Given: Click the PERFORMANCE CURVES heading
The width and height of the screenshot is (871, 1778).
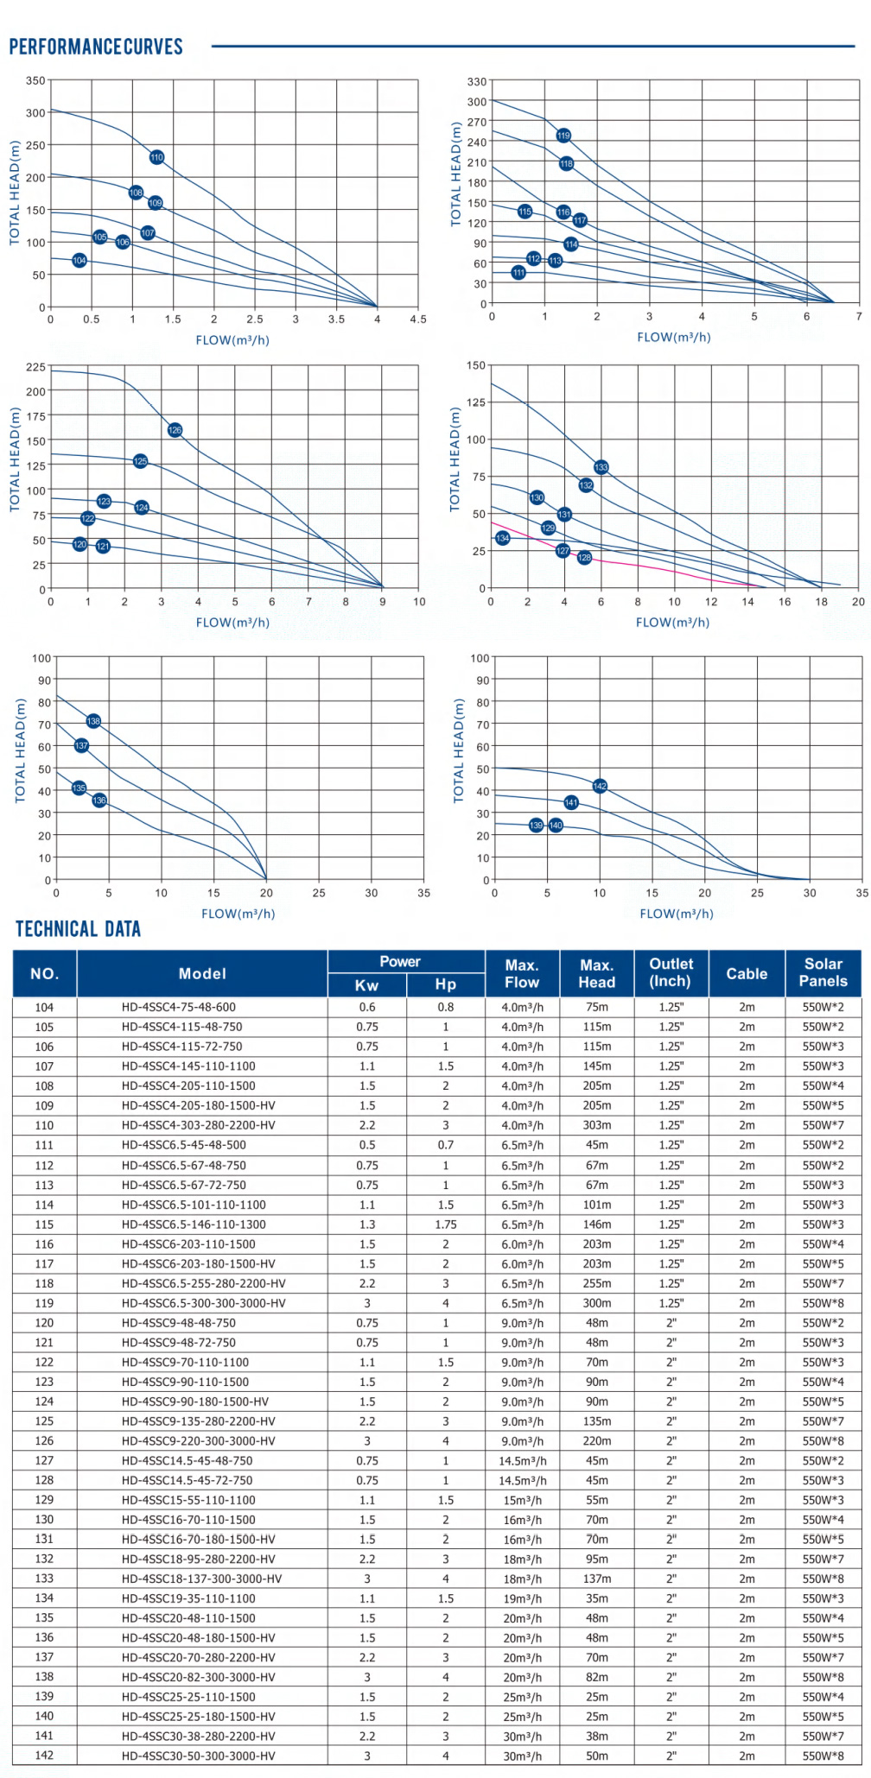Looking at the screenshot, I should (x=96, y=47).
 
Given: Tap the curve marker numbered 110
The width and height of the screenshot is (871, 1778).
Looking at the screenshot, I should (x=156, y=157).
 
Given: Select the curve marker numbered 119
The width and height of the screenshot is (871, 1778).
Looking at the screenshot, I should (x=563, y=136).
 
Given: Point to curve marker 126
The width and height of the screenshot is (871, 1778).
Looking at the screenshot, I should (x=175, y=430).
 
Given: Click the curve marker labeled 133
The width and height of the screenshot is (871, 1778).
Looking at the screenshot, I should (x=601, y=467).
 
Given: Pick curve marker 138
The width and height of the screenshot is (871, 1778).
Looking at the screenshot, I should (x=93, y=721).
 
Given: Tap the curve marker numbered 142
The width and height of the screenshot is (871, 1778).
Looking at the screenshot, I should (x=601, y=786).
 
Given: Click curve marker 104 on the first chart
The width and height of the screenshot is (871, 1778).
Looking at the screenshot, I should (x=79, y=260).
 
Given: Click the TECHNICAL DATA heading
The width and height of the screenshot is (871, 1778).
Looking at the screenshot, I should (x=78, y=929).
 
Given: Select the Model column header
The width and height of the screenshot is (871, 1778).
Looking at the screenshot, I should (x=202, y=973).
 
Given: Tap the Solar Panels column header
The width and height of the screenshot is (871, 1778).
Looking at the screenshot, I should (x=823, y=972).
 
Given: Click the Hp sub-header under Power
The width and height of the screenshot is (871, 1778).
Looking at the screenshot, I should (x=445, y=984).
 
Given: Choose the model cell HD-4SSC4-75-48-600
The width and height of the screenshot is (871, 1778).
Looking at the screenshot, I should (x=179, y=1007).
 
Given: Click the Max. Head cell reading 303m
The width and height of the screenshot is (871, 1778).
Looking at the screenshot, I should (x=596, y=1125).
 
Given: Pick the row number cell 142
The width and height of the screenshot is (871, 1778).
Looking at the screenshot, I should (x=44, y=1756).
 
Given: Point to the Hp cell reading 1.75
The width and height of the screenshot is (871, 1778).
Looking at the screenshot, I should (x=445, y=1224).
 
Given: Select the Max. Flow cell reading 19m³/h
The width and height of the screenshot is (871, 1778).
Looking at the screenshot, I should (x=522, y=1598).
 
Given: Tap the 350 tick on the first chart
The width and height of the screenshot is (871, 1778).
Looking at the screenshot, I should (x=35, y=81).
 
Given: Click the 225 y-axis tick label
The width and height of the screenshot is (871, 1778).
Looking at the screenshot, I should (x=35, y=367).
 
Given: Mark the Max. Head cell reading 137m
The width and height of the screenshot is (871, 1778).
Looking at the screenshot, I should (x=596, y=1579).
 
